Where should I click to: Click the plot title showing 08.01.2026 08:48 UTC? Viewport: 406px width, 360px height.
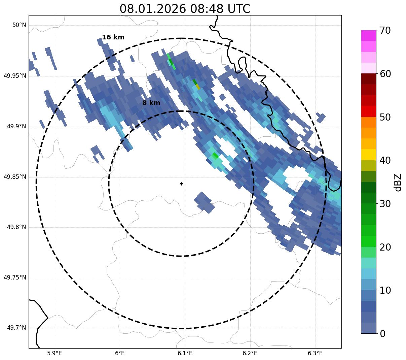coord(185,9)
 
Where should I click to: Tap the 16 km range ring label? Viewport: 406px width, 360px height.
coord(113,37)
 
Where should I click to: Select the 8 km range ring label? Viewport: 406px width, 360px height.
coord(151,103)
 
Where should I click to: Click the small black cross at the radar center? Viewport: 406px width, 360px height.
coord(181,184)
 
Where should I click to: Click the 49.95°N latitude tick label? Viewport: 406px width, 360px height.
coord(15,76)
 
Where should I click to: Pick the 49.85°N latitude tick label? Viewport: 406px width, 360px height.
coord(15,177)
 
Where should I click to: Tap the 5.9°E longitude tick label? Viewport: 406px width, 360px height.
coord(54,353)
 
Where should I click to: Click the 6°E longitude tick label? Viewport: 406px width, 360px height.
coord(120,353)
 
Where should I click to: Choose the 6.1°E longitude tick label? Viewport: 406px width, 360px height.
coord(185,353)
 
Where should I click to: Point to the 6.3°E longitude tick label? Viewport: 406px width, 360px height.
coord(315,353)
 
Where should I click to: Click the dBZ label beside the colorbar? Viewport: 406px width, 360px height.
coord(398,182)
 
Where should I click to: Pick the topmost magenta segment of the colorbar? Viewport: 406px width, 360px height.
coord(368,35)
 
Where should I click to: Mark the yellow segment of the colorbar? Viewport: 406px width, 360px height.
coord(368,155)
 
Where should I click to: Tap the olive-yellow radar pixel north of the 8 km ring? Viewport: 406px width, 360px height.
coord(198,87)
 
